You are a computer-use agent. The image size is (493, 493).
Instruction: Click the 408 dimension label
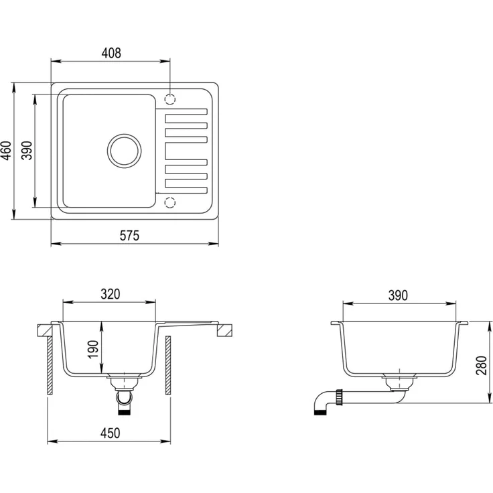pos(111,53)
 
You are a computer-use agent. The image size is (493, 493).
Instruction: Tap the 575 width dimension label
pos(129,236)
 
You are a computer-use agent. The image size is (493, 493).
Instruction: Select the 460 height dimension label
pos(6,151)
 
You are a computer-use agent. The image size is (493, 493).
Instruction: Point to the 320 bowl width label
pos(111,294)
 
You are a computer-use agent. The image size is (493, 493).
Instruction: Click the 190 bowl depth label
pos(93,349)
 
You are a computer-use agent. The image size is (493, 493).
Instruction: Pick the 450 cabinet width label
pos(111,433)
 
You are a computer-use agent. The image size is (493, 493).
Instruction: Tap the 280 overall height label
pos(482,365)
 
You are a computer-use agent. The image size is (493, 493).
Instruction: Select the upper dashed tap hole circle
pos(169,99)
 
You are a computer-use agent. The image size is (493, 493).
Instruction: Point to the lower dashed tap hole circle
pos(169,202)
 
